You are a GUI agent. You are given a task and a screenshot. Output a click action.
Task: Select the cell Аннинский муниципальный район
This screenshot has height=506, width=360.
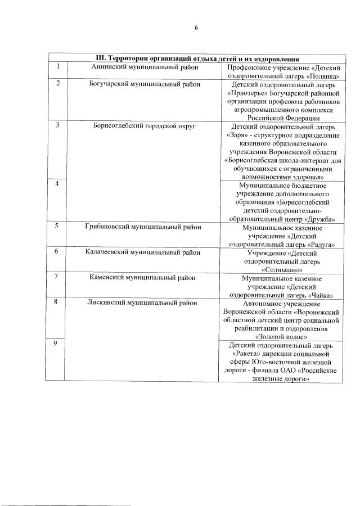[x=145, y=67]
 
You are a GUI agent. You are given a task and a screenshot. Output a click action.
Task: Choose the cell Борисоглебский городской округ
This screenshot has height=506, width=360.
[x=145, y=126]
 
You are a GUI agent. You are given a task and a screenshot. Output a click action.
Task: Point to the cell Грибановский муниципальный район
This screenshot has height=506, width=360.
[x=145, y=227]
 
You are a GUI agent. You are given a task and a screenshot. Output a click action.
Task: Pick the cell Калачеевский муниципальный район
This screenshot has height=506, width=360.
[x=145, y=252]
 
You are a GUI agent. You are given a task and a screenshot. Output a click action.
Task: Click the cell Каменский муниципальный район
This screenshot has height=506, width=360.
[x=145, y=278]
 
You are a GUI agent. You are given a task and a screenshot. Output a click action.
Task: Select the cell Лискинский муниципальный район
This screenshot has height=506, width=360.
[x=145, y=303]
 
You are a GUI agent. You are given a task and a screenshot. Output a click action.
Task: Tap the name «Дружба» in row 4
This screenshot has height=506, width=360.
[x=319, y=219]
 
